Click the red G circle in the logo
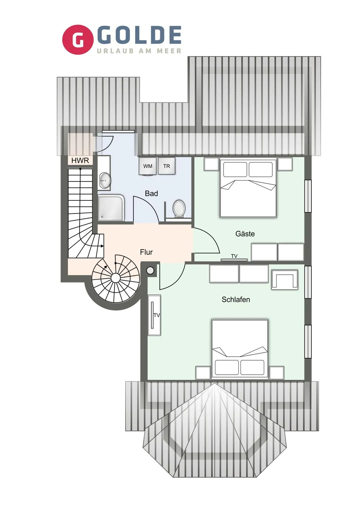point(78,40)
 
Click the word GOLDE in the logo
point(139,35)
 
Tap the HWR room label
point(80,160)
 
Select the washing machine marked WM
point(148,166)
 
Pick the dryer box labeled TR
point(167,166)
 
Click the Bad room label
point(151,193)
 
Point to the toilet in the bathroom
point(179,209)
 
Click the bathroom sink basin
point(105,180)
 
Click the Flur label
point(146,252)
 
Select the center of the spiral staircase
point(116,278)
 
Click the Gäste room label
point(245,234)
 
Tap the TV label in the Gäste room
point(234,256)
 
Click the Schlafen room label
point(236,299)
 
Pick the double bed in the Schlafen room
point(240,349)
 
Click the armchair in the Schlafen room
point(285,279)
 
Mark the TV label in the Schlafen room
point(157,315)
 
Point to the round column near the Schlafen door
point(150,271)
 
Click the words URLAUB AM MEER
point(139,51)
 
